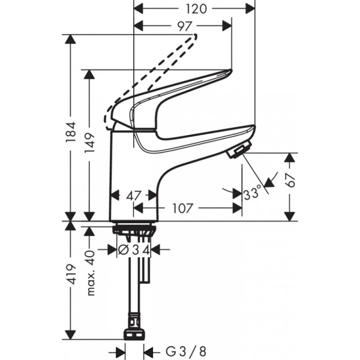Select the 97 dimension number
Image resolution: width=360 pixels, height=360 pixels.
(184, 26)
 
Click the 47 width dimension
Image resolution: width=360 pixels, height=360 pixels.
(133, 194)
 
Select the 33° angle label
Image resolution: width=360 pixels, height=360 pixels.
(253, 194)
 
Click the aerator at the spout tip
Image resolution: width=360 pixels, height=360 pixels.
(238, 151)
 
